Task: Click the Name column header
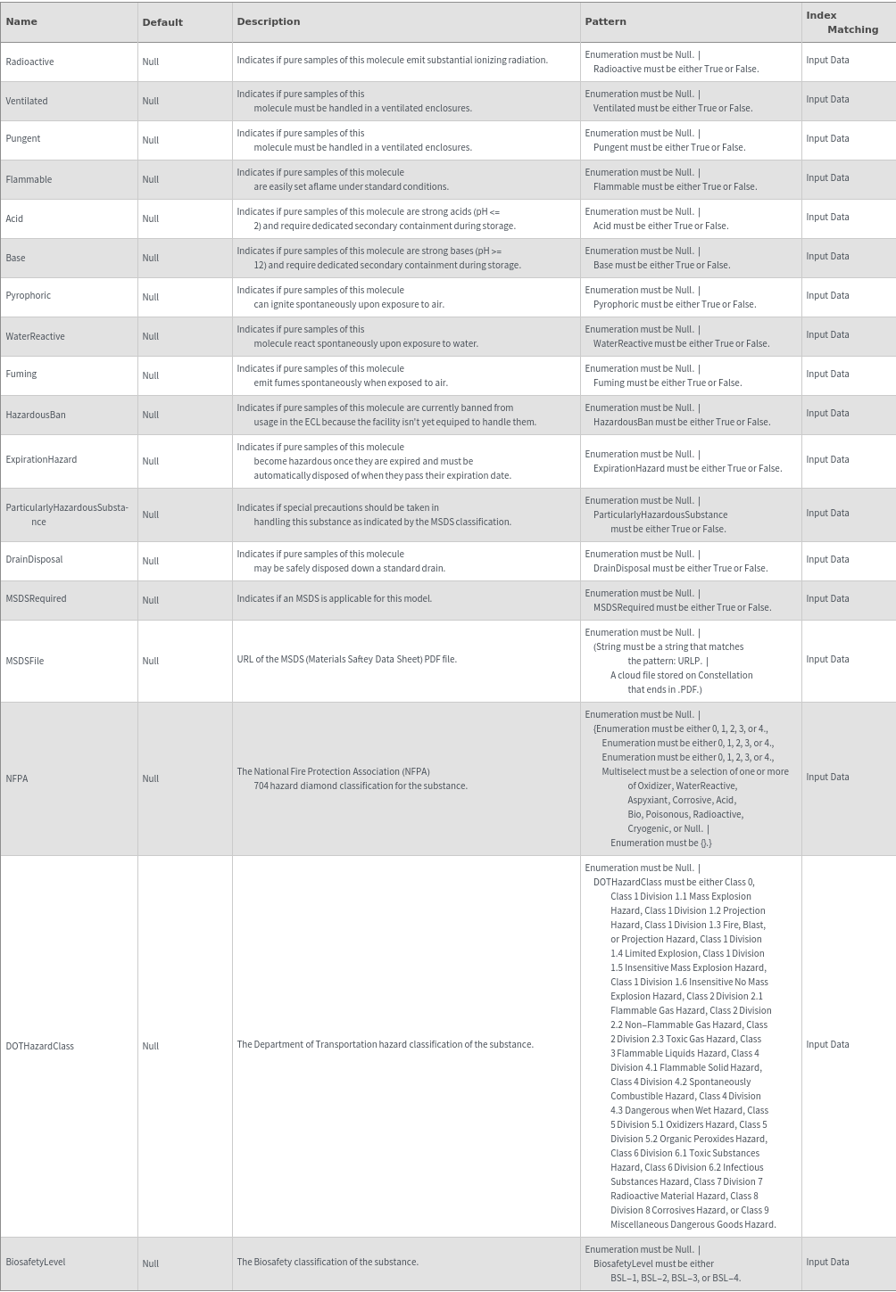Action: (21, 21)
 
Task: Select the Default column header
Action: (162, 22)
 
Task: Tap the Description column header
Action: (269, 21)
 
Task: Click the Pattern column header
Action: (605, 21)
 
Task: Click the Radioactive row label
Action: (29, 62)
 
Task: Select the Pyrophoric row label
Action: (29, 295)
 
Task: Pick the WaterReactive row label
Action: (35, 336)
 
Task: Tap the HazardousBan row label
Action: (36, 415)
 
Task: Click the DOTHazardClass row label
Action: (39, 1046)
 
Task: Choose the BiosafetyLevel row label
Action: (36, 1262)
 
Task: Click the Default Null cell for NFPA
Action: (151, 778)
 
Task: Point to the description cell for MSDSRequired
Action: (334, 598)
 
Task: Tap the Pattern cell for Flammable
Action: (670, 179)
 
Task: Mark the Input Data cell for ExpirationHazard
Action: (827, 459)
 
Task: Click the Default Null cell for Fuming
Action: (151, 375)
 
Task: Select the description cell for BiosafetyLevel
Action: (328, 1262)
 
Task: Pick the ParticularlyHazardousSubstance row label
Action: (67, 514)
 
